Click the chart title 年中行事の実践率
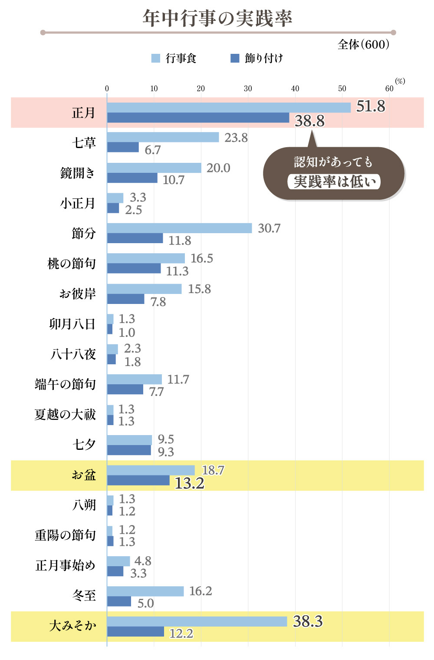pos(217,18)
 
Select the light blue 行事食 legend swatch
pos(155,58)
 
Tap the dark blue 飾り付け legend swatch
pos(235,58)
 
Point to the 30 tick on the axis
pos(248,89)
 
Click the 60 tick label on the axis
pos(389,89)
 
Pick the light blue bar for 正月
pos(228,107)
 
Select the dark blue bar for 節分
pos(135,238)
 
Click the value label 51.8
pos(370,106)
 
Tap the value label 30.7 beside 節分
pos(269,228)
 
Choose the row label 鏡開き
pos(78,173)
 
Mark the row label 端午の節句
pos(65,384)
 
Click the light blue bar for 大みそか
pos(197,621)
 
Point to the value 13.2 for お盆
pos(189,483)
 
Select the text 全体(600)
pos(363,44)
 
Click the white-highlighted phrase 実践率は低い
pos(334,181)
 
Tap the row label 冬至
pos(84,595)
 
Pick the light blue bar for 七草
pos(163,137)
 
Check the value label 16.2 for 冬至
pos(201,591)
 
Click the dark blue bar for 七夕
pos(129,450)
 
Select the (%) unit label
pos(400,81)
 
